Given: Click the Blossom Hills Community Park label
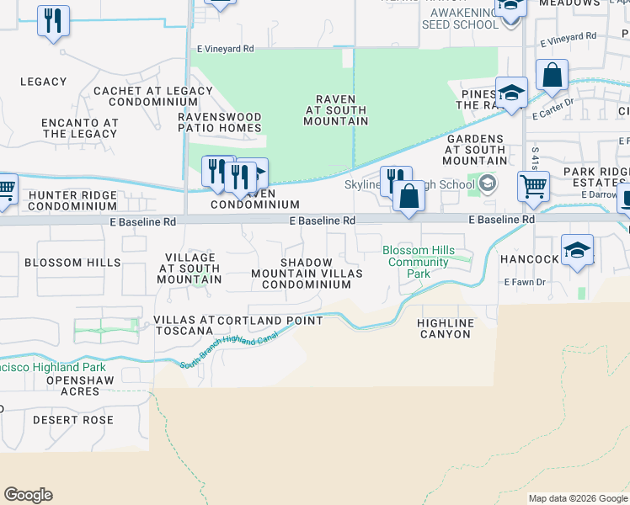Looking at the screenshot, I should click(x=419, y=262).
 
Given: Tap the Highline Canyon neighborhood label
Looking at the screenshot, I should click(x=446, y=328).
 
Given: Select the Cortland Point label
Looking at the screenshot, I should click(x=270, y=321).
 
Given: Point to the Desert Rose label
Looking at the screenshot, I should click(x=73, y=419).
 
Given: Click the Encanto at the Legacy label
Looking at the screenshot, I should click(x=80, y=128).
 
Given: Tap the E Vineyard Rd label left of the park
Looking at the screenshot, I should click(x=225, y=50).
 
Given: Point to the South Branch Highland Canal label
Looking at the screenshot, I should click(x=228, y=353).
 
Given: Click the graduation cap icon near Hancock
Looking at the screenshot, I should click(x=577, y=250).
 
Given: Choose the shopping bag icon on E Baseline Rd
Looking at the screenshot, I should click(x=408, y=196).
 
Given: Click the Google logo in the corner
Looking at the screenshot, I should click(x=28, y=495).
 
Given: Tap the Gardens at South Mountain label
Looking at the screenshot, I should click(x=475, y=149).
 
